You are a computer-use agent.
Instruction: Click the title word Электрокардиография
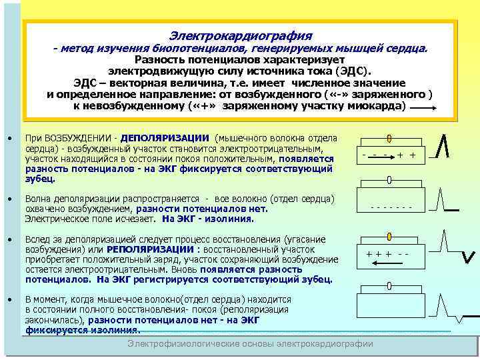click(x=241, y=35)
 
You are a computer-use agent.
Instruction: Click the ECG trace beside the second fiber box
click(x=445, y=199)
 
